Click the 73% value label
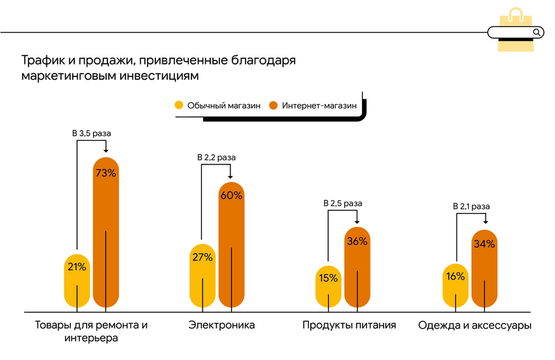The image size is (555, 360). click(x=105, y=173)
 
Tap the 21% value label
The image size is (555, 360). click(x=77, y=266)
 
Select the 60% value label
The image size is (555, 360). click(x=231, y=195)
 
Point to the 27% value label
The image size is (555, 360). click(x=202, y=257)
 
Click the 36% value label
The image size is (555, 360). click(x=357, y=241)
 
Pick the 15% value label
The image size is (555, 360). click(x=328, y=278)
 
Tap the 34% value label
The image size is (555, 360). click(x=484, y=243)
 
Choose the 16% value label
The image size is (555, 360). click(x=455, y=275)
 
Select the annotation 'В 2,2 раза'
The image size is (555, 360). click(x=217, y=157)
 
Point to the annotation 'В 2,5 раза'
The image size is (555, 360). click(x=343, y=203)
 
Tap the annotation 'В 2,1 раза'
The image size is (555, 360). click(x=471, y=206)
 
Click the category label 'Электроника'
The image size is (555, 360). click(x=222, y=325)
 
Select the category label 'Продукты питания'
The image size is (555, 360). click(x=349, y=325)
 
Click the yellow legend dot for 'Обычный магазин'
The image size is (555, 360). click(x=178, y=105)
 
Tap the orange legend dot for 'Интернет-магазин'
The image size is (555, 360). click(x=273, y=105)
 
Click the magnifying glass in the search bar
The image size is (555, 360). click(x=536, y=32)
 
